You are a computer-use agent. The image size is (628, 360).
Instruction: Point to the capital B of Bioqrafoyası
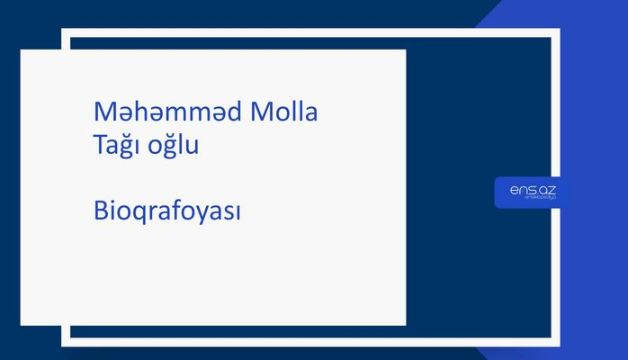[100, 212]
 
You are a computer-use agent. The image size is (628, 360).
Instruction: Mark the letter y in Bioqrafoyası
[202, 216]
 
